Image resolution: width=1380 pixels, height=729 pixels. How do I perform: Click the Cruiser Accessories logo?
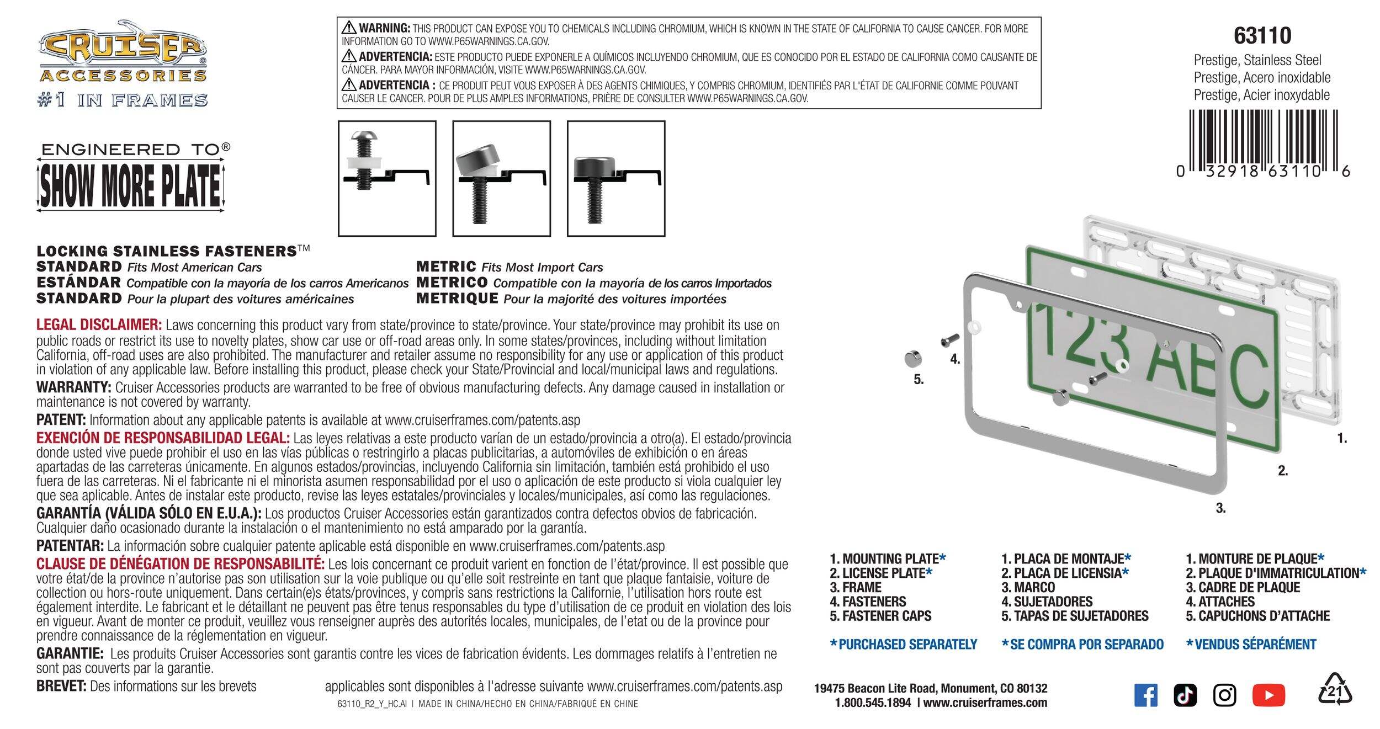pyautogui.click(x=123, y=52)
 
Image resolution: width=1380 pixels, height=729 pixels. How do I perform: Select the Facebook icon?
pyautogui.click(x=1145, y=695)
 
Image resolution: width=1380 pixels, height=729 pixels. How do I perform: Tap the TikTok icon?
pyautogui.click(x=1185, y=695)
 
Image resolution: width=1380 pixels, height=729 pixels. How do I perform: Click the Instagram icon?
pyautogui.click(x=1224, y=695)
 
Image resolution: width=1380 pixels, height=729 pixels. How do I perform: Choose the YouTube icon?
pyautogui.click(x=1268, y=695)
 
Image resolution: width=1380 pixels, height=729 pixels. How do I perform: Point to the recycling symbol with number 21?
pyautogui.click(x=1335, y=690)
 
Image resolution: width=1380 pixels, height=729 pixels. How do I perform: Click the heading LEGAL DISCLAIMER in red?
pyautogui.click(x=99, y=324)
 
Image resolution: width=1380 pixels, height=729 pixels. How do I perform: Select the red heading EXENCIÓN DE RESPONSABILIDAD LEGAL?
pyautogui.click(x=163, y=438)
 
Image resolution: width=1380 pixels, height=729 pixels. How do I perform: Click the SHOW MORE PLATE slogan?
pyautogui.click(x=131, y=186)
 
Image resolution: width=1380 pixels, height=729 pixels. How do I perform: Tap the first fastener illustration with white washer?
pyautogui.click(x=387, y=178)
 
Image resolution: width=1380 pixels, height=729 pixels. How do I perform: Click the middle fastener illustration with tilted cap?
pyautogui.click(x=501, y=178)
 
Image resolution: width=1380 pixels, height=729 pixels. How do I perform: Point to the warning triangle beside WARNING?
pyautogui.click(x=349, y=27)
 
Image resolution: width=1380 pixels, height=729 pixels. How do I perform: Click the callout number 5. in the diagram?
pyautogui.click(x=918, y=380)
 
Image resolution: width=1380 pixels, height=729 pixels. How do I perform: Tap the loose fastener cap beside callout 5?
pyautogui.click(x=913, y=359)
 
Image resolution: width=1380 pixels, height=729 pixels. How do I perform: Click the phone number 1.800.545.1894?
pyautogui.click(x=873, y=703)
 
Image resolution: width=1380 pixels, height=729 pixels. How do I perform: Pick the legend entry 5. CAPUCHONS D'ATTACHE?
pyautogui.click(x=1257, y=616)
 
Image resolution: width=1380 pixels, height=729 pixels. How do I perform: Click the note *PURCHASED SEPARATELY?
pyautogui.click(x=904, y=645)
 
